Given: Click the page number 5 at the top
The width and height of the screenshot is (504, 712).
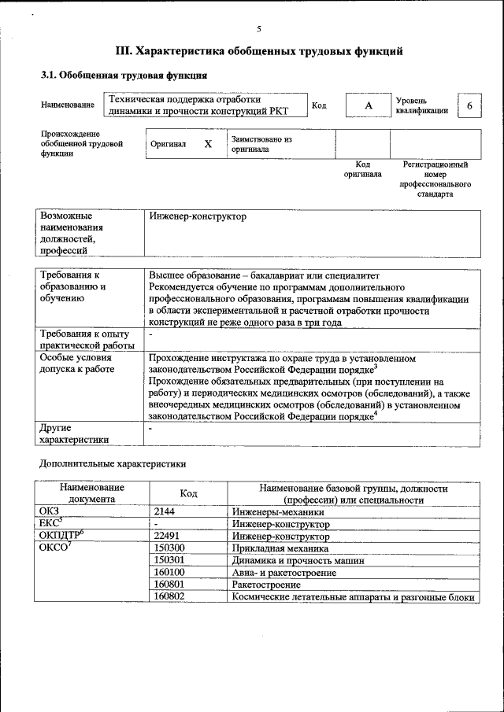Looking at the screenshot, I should (x=258, y=28).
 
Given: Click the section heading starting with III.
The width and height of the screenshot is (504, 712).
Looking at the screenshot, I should (x=259, y=52).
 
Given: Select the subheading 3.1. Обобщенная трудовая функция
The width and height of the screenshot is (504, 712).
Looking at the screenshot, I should (x=124, y=76).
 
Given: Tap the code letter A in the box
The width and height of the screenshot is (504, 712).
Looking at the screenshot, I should (x=367, y=105).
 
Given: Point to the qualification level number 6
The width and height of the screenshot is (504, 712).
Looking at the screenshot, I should (x=469, y=105).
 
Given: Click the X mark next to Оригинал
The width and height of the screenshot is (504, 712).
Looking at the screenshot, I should (x=208, y=145).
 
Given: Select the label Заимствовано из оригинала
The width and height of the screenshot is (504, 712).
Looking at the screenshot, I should (x=261, y=144).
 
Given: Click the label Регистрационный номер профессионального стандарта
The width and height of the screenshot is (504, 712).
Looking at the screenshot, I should (x=435, y=179).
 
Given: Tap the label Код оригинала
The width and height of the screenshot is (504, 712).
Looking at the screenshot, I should (x=362, y=169).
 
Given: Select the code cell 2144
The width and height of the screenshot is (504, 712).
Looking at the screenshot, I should (x=167, y=511).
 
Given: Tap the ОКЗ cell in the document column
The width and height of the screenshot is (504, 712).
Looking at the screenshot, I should (x=50, y=511).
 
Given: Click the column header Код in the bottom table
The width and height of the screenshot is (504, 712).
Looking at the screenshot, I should (x=188, y=493).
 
